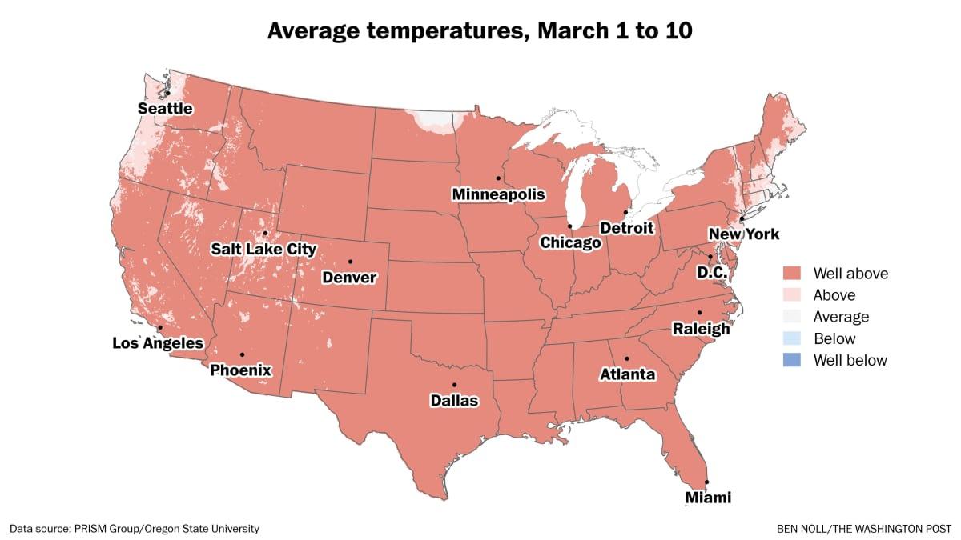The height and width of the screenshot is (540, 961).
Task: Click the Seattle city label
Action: tap(165, 108)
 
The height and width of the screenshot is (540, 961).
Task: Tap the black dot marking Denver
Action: tap(350, 262)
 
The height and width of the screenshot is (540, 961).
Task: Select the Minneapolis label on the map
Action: tap(498, 194)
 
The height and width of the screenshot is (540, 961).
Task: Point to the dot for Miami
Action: tap(707, 482)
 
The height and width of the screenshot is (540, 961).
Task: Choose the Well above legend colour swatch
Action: tap(792, 274)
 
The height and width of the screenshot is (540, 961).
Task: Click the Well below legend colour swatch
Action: tap(792, 360)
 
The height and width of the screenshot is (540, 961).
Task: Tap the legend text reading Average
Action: tap(841, 317)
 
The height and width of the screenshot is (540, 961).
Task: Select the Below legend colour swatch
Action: tap(792, 338)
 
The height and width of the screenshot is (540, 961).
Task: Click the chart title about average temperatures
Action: tap(480, 31)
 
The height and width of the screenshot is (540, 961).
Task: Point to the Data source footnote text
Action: tap(135, 529)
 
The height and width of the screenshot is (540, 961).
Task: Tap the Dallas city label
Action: tap(453, 400)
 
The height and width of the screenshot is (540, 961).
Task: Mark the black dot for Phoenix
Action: tap(242, 354)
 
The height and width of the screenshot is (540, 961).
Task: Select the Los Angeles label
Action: tap(158, 343)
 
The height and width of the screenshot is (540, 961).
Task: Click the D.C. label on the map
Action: tap(711, 273)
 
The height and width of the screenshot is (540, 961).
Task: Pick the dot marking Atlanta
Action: tap(627, 358)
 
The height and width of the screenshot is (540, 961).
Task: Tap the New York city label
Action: tap(744, 234)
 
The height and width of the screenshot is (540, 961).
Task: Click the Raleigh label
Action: tap(701, 329)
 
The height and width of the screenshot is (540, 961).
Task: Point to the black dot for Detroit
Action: tap(625, 212)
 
